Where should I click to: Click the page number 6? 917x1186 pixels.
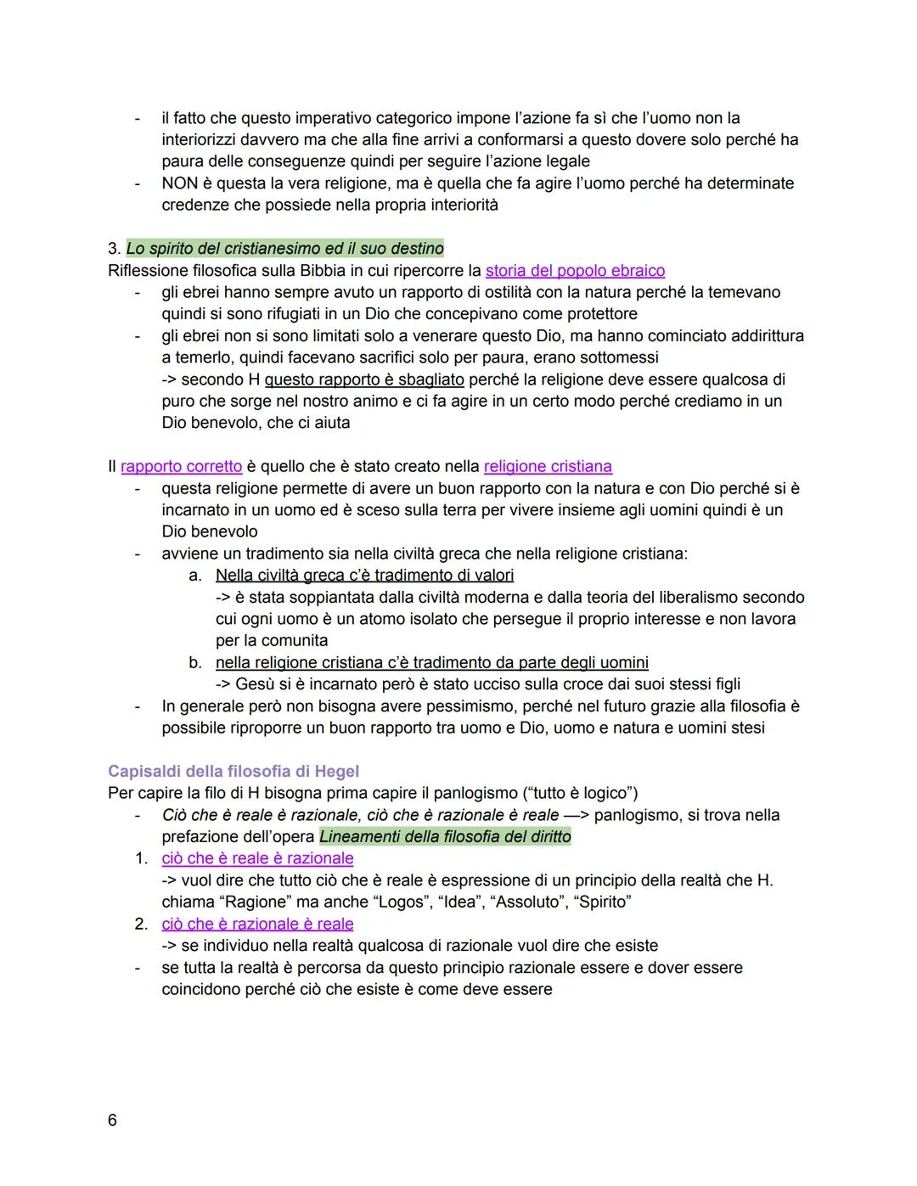coord(112,1120)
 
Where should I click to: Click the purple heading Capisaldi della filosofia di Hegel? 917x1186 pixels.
coord(233,771)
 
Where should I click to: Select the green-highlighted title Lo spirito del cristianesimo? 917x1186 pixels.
coord(284,249)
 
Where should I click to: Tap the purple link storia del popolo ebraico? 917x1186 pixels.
coord(575,271)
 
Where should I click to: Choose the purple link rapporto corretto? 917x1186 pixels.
coord(181,466)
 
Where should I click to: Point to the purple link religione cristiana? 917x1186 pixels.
coord(548,466)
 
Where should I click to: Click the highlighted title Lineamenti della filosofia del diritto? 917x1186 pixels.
coord(445,836)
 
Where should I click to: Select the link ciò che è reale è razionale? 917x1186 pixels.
coord(257,858)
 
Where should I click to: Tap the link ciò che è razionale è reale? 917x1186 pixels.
coord(257,924)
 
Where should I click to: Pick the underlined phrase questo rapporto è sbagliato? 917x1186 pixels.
coord(364,379)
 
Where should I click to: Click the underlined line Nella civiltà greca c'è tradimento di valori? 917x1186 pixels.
coord(364,576)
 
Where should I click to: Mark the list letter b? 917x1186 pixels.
coord(195,662)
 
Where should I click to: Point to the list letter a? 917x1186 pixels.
coord(195,576)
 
